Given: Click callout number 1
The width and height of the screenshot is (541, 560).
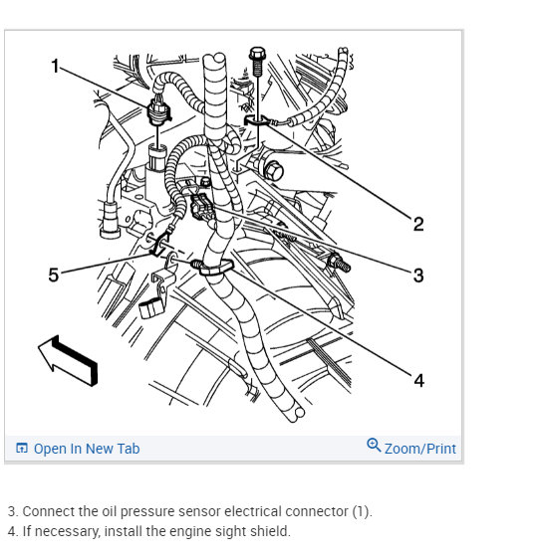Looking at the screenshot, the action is tap(55, 66).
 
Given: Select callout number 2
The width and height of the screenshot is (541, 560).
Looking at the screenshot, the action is tap(418, 224).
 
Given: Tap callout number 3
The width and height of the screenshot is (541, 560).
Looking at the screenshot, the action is tap(418, 276).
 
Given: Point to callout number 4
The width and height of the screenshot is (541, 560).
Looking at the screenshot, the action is tap(418, 381).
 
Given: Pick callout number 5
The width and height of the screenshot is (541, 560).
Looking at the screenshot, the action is tap(54, 275).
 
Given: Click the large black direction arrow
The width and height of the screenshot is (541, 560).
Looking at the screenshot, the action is tap(68, 360).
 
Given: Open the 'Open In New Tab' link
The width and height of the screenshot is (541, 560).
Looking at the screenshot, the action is tap(87, 449).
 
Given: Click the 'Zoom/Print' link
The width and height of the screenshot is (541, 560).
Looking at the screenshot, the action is tap(420, 449).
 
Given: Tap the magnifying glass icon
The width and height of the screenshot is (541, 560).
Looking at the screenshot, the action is tap(374, 445).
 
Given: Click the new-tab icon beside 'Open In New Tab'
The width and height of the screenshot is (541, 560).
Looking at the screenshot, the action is tap(22, 448).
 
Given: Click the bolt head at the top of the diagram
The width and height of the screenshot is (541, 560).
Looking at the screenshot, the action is tap(257, 54).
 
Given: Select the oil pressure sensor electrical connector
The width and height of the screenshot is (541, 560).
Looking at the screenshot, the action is tap(158, 111).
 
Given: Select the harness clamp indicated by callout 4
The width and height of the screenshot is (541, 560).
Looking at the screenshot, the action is tap(213, 268).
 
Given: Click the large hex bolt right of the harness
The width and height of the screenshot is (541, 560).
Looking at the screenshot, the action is tap(273, 171).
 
